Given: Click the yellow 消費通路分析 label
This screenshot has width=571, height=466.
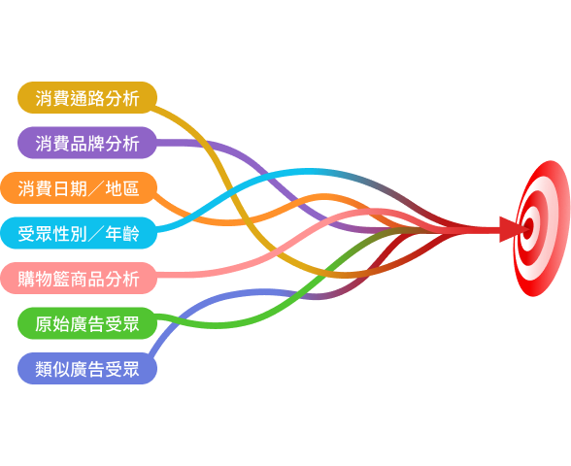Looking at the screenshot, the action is point(87,97).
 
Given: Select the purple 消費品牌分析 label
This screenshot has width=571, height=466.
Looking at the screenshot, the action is point(87,143).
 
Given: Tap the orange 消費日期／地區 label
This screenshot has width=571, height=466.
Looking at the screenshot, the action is point(79,188).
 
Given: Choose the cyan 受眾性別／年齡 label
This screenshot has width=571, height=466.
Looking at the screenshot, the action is point(79,233).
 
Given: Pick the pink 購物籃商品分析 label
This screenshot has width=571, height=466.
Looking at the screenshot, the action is point(79,278).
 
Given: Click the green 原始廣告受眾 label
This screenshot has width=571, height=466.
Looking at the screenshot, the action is point(87,323).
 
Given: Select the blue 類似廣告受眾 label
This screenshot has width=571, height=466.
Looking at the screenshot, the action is point(87,369).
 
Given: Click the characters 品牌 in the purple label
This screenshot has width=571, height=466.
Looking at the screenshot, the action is point(87,144).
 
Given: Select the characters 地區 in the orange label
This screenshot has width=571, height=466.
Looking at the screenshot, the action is point(122,188).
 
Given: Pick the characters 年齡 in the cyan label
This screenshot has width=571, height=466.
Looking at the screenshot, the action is point(122,234).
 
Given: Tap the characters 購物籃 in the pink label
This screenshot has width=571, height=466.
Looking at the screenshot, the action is point(44,279).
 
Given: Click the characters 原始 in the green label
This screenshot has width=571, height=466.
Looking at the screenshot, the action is point(52,324).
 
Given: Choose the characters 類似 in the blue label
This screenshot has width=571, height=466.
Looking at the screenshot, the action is point(52,369).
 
